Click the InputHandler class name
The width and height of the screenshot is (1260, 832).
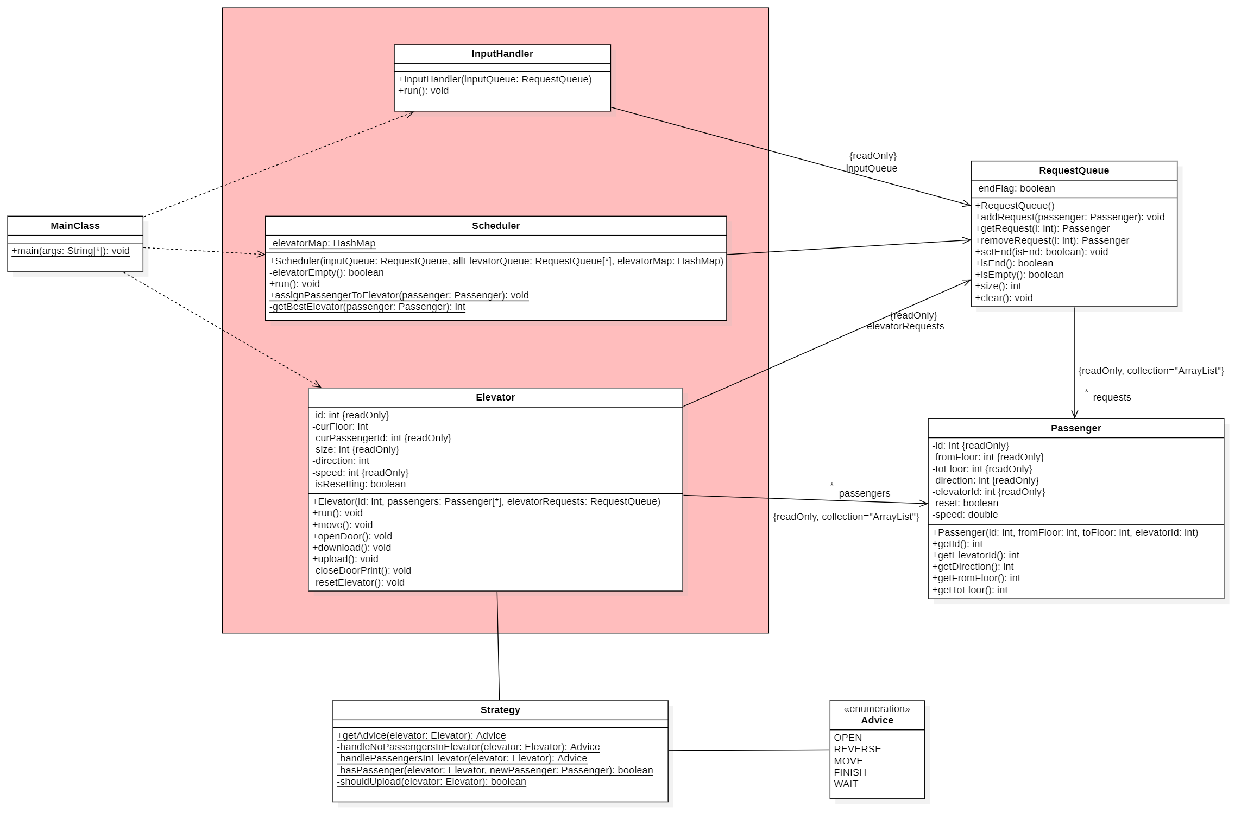pyautogui.click(x=502, y=54)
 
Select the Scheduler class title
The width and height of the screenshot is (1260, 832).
pyautogui.click(x=495, y=226)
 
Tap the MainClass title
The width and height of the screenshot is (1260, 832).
pyautogui.click(x=75, y=226)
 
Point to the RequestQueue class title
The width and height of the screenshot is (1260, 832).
pyautogui.click(x=1074, y=170)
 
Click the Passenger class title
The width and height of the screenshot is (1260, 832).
pyautogui.click(x=1076, y=428)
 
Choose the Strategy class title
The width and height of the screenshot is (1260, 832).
pyautogui.click(x=500, y=710)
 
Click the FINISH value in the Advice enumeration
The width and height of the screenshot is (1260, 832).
pyautogui.click(x=850, y=772)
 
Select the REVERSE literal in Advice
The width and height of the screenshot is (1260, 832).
pyautogui.click(x=858, y=749)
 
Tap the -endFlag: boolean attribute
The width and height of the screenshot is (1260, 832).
pyautogui.click(x=1015, y=188)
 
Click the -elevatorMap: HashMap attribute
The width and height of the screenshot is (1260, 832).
pyautogui.click(x=323, y=244)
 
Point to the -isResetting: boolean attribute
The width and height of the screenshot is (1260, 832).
pyautogui.click(x=359, y=484)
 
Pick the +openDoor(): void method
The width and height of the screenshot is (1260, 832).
pyautogui.click(x=352, y=536)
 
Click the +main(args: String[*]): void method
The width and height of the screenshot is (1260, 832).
pyautogui.click(x=71, y=251)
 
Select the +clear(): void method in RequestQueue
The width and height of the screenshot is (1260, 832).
pyautogui.click(x=1004, y=298)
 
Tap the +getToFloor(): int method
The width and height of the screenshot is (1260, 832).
pyautogui.click(x=969, y=590)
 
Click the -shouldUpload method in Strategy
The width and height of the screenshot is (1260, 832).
pyautogui.click(x=431, y=782)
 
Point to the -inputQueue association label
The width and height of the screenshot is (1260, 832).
pyautogui.click(x=870, y=168)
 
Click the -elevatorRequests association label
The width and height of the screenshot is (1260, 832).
pyautogui.click(x=904, y=326)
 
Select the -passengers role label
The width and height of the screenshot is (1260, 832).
pyautogui.click(x=862, y=493)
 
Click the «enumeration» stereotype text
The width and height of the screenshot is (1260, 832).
pyautogui.click(x=877, y=709)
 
